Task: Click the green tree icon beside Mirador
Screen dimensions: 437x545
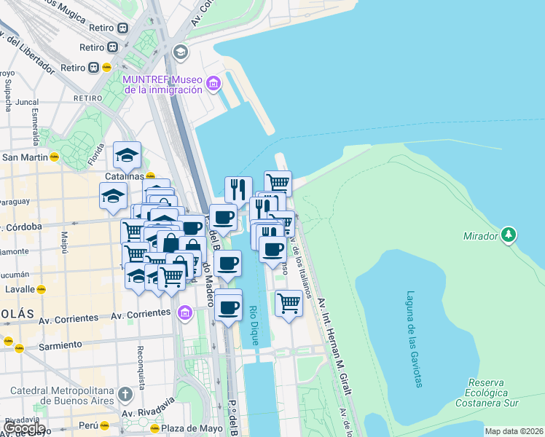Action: pyautogui.click(x=509, y=235)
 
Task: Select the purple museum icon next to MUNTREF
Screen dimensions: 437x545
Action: pyautogui.click(x=213, y=84)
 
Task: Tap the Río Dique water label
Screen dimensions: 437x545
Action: pyautogui.click(x=254, y=320)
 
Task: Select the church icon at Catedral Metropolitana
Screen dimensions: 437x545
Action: pyautogui.click(x=125, y=395)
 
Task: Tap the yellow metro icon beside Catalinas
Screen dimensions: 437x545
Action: pyautogui.click(x=150, y=176)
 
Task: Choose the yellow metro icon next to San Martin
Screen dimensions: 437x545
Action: pyautogui.click(x=54, y=157)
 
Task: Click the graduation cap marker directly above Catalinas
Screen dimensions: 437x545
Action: pyautogui.click(x=127, y=154)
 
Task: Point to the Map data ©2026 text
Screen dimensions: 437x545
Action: pyautogui.click(x=514, y=431)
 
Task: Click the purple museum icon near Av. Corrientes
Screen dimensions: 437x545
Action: pyautogui.click(x=184, y=313)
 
